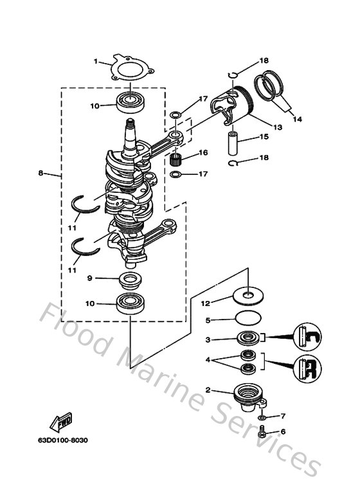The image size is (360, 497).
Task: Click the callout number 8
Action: [41, 173]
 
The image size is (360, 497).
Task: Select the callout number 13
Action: [278, 127]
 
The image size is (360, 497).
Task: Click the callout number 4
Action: [208, 361]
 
